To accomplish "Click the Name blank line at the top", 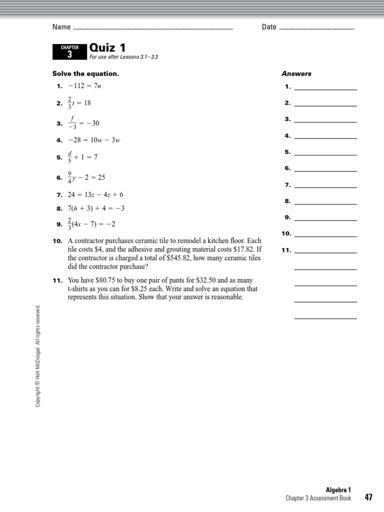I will tap(152, 28).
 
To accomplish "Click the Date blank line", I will tap(316, 28).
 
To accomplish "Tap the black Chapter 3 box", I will tap(69, 52).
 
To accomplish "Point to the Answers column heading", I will tap(296, 73).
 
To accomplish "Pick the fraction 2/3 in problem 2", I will tap(69, 103).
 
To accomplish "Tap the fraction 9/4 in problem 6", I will tap(69, 177).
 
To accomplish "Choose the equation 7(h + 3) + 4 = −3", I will tap(96, 208).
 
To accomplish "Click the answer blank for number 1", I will tap(325, 87).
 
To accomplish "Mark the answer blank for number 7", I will tap(325, 185).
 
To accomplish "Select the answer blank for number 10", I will tap(325, 234).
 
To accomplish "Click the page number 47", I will tap(368, 497).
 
